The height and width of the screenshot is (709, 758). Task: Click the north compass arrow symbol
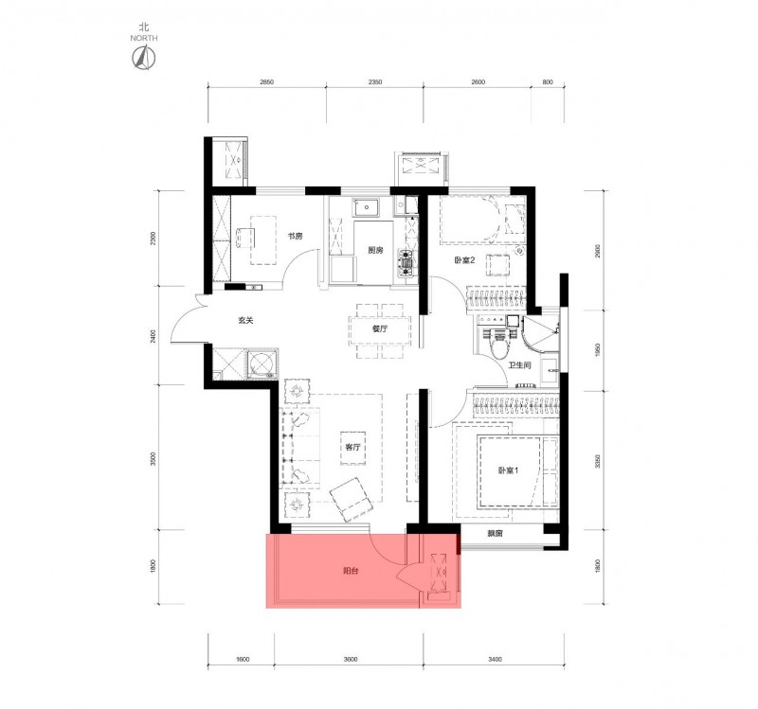(x=144, y=58)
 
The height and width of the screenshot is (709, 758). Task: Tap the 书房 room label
(x=295, y=237)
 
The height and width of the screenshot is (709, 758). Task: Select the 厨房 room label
(x=375, y=250)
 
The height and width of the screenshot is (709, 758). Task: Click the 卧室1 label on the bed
(x=509, y=470)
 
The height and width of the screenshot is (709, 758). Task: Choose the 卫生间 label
(x=520, y=365)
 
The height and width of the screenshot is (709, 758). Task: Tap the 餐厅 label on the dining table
(x=380, y=328)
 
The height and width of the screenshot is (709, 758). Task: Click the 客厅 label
(x=352, y=447)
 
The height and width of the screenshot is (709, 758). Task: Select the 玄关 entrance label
(x=245, y=320)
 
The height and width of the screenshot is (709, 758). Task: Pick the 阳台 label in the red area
(x=351, y=571)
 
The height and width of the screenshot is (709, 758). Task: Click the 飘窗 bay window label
(x=495, y=534)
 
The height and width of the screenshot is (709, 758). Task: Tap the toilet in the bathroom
(x=496, y=342)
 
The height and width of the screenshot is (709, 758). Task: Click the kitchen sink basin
(x=367, y=207)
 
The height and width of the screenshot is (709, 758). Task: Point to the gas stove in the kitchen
(x=406, y=264)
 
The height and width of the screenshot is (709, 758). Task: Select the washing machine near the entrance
(x=262, y=363)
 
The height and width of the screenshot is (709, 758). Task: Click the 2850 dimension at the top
(x=267, y=82)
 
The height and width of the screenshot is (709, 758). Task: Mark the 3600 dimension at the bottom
(x=351, y=659)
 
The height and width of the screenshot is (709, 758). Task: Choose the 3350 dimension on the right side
(x=598, y=461)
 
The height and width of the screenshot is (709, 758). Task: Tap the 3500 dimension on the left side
(x=153, y=458)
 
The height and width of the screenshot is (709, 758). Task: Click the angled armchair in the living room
(x=351, y=500)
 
